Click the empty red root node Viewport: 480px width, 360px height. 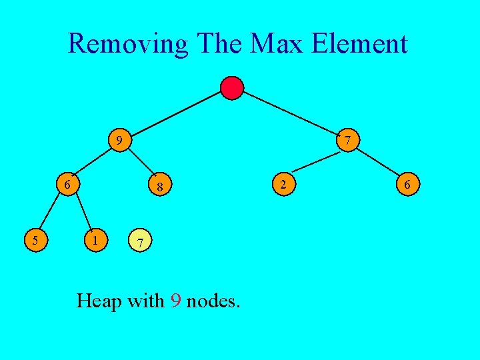232,88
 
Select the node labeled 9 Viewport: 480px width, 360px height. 119,141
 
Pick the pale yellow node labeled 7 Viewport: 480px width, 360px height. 139,241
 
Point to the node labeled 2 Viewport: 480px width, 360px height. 283,183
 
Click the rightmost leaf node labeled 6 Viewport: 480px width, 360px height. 407,183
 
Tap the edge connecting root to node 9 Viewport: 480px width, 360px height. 177,114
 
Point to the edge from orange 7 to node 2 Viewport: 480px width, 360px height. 317,162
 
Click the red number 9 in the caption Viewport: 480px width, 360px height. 175,301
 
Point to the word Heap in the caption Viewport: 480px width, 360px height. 99,301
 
